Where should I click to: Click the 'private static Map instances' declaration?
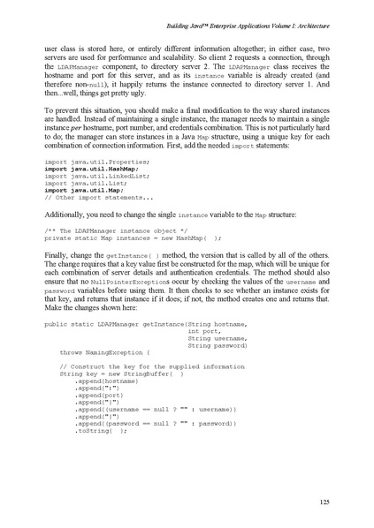[133, 238]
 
